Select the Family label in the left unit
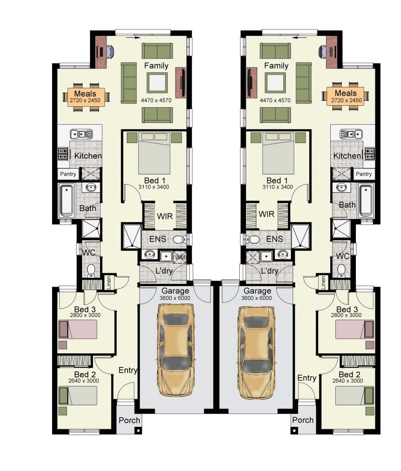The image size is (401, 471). [x=156, y=66]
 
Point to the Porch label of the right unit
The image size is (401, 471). [x=303, y=420]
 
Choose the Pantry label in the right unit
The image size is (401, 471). [x=364, y=174]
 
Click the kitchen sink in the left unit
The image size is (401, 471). [x=82, y=134]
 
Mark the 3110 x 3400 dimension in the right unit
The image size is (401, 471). [x=277, y=187]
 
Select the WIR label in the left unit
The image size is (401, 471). [x=164, y=215]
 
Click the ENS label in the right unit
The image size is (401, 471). [x=274, y=239]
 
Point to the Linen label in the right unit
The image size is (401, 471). [x=323, y=282]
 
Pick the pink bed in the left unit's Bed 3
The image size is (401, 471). [x=78, y=329]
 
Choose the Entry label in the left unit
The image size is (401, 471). [x=128, y=370]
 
